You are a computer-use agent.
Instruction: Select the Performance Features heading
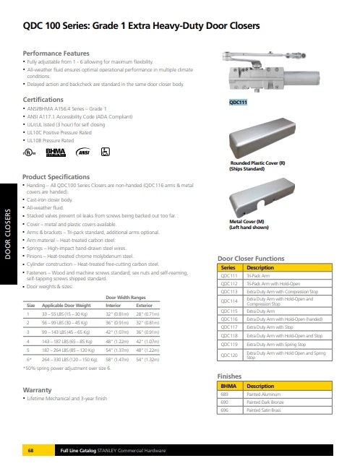pyautogui.click(x=57, y=54)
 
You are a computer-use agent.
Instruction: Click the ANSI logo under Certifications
pyautogui.click(x=84, y=152)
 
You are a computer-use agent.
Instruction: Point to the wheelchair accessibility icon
pyautogui.click(x=104, y=152)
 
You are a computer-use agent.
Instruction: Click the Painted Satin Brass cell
pyautogui.click(x=266, y=410)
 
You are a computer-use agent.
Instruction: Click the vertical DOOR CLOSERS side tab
pyautogui.click(x=8, y=234)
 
